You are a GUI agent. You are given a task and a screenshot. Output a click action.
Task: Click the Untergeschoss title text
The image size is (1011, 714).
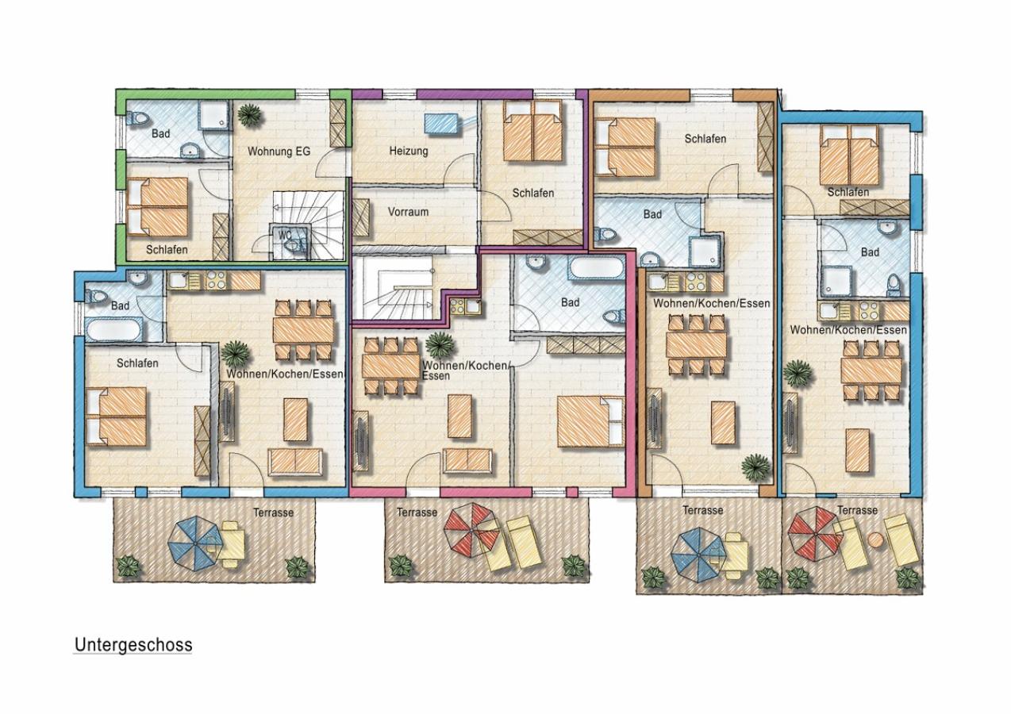pyautogui.click(x=133, y=645)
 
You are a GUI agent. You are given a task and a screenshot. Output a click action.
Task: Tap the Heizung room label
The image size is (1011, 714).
pyautogui.click(x=409, y=151)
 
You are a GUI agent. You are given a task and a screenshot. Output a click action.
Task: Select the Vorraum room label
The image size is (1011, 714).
pyautogui.click(x=408, y=212)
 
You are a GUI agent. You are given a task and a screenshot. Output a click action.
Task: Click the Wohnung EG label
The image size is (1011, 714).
pyautogui.click(x=279, y=152)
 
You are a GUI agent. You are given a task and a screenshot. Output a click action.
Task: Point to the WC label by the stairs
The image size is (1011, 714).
pyautogui.click(x=285, y=235)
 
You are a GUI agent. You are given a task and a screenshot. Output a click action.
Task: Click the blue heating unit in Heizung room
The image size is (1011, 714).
pyautogui.click(x=442, y=123)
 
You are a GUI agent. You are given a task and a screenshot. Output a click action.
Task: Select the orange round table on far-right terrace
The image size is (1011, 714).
pyautogui.click(x=875, y=539)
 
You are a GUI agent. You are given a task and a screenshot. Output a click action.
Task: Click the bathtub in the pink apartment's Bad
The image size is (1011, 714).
pyautogui.click(x=595, y=269)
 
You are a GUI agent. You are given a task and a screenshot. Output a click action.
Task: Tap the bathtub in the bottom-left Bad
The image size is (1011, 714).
pyautogui.click(x=116, y=330)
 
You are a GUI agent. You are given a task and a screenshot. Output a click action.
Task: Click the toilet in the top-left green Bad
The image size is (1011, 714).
pyautogui.click(x=137, y=118)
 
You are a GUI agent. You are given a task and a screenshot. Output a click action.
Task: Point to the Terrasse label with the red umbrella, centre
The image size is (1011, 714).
pyautogui.click(x=417, y=512)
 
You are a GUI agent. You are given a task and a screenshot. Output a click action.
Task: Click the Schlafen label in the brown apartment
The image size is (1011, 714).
pyautogui.click(x=705, y=139)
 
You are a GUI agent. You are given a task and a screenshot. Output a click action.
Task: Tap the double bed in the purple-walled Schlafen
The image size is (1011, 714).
pyautogui.click(x=533, y=131)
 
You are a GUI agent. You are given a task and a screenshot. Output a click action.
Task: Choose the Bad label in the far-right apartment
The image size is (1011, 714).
pyautogui.click(x=870, y=251)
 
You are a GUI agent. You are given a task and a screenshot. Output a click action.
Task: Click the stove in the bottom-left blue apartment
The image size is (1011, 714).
pyautogui.click(x=216, y=281)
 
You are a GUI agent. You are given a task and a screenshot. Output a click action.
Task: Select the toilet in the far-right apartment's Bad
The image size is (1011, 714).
pyautogui.click(x=894, y=286)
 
